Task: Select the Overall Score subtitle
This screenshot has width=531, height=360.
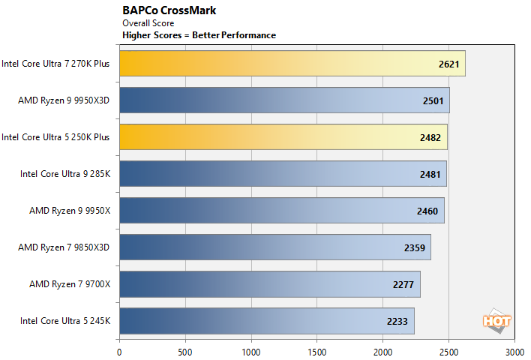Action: point(148,23)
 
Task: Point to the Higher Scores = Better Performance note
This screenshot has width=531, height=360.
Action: point(199,35)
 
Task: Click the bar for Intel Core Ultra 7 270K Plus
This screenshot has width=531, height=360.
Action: point(292,64)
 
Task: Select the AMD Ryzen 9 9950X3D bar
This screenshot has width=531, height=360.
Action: point(284,100)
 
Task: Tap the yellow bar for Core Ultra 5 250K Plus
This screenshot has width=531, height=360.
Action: point(283,137)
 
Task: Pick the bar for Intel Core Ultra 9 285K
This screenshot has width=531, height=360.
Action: point(283,174)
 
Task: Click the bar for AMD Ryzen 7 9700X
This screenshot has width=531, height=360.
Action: point(269,284)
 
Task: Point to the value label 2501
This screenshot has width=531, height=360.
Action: point(433,100)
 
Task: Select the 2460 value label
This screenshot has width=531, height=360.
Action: point(427,211)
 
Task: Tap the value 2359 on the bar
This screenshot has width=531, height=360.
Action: point(414,247)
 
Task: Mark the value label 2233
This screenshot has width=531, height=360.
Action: point(397,321)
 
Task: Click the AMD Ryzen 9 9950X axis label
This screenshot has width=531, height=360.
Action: point(69,211)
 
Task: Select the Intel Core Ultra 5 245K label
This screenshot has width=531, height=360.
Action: point(65,321)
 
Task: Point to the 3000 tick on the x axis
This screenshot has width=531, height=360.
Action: point(514,350)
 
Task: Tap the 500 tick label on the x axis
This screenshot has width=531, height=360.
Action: point(184,350)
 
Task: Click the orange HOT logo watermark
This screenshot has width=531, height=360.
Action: point(496,319)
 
